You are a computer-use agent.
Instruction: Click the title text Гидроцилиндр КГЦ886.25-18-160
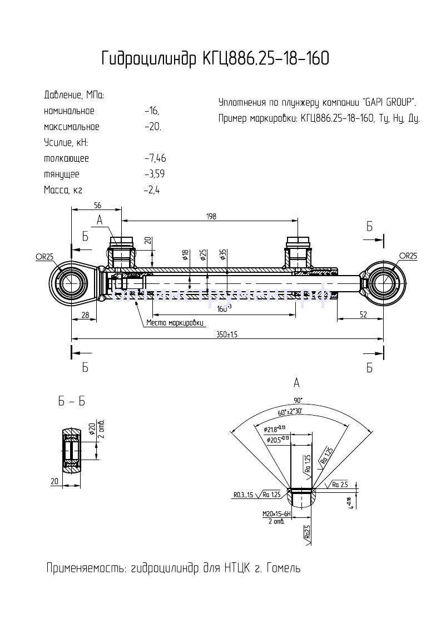point(215,58)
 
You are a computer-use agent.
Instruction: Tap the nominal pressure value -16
point(151,111)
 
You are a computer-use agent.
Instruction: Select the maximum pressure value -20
point(152,127)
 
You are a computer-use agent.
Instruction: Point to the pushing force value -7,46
point(154,158)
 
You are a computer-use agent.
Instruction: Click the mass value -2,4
point(151,190)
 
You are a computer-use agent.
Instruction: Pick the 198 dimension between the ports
point(210,216)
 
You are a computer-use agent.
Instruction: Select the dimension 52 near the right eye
point(363,315)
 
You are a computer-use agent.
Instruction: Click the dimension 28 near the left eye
point(85,315)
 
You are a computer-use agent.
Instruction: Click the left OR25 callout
point(44,256)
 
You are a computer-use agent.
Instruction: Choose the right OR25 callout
point(408,256)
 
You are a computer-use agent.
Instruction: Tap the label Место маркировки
point(175,323)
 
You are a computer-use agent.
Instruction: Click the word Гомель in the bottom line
point(284,568)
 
